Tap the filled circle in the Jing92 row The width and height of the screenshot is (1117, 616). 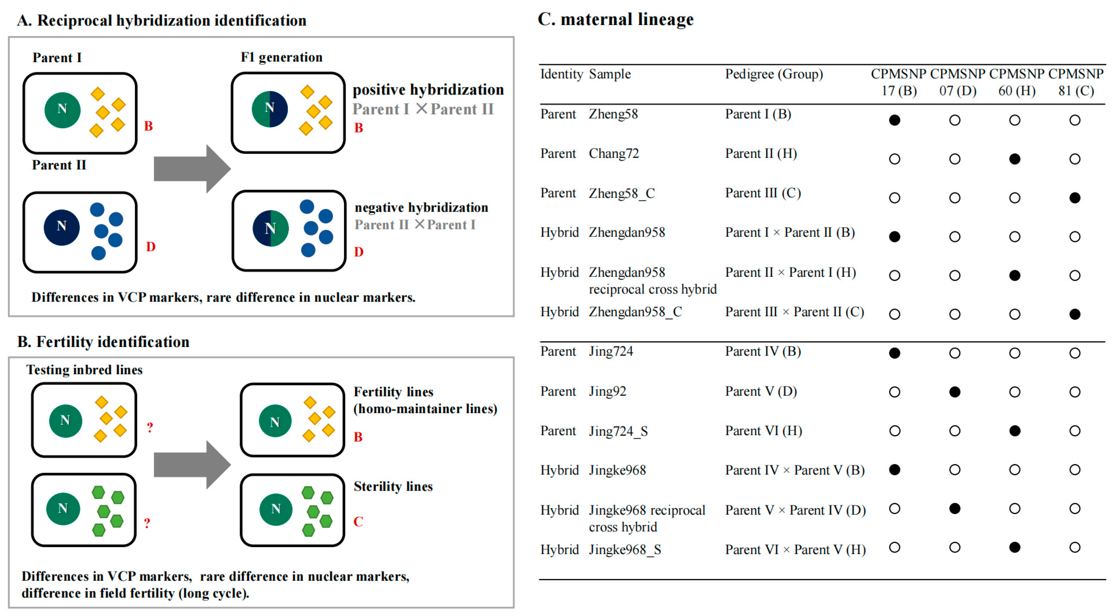(x=954, y=392)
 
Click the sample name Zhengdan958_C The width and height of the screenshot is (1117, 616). (x=635, y=312)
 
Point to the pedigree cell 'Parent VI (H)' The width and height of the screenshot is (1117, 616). (x=763, y=431)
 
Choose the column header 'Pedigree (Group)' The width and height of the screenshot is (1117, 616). (x=774, y=74)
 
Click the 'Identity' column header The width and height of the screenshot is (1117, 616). (x=561, y=74)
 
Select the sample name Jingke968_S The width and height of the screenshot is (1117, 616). (x=625, y=550)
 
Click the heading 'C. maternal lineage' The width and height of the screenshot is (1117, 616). (x=615, y=19)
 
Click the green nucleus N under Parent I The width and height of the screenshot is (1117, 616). (x=62, y=110)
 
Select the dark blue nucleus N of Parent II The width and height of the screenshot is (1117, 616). (x=61, y=227)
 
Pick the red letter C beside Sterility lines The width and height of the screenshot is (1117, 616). (x=358, y=521)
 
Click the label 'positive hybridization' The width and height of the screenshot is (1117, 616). (x=428, y=90)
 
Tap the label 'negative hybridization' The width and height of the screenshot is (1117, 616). (x=421, y=208)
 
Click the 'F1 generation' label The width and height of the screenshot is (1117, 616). (x=282, y=57)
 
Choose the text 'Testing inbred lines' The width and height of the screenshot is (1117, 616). (x=84, y=370)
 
